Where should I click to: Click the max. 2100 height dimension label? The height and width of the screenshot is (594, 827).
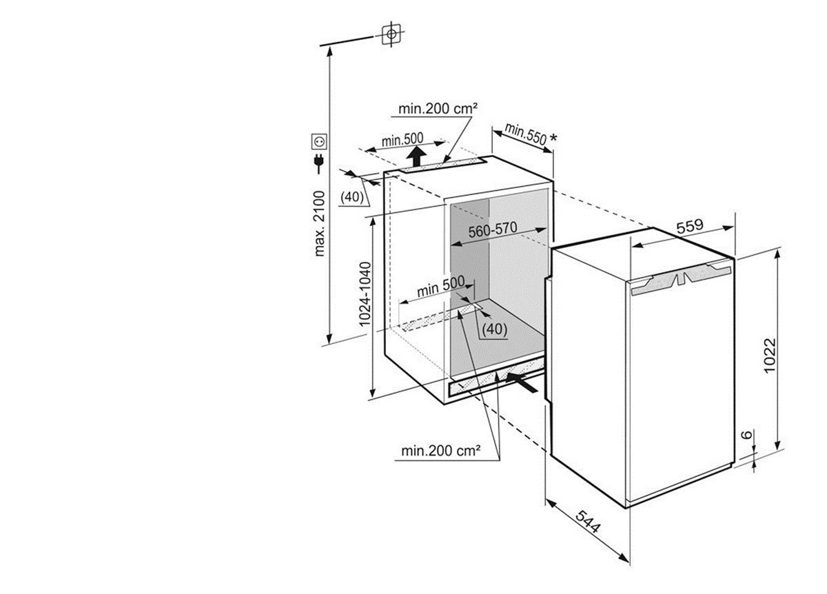pos(320,222)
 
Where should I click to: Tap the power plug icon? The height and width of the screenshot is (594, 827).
pos(319,163)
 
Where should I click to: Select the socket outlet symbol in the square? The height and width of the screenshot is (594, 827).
pos(320,142)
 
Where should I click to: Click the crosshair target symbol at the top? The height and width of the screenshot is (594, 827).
pos(391,33)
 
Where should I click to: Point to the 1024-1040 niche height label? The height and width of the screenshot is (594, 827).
pos(366,295)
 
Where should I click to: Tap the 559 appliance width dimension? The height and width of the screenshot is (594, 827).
pos(689,225)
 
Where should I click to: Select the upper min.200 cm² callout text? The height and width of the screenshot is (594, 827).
pos(438,109)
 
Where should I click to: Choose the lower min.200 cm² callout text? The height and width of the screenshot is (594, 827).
pos(441,451)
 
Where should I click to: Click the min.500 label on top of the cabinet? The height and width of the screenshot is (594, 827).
pos(402,141)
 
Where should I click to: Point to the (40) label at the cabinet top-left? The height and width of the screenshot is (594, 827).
pos(351,196)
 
